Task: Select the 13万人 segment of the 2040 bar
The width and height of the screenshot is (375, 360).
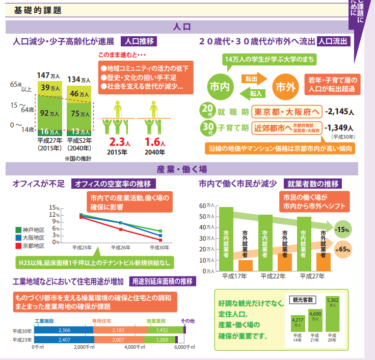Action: click(x=78, y=132)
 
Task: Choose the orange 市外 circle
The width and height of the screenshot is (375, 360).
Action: click(x=285, y=87)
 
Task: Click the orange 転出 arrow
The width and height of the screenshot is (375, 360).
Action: click(x=252, y=79)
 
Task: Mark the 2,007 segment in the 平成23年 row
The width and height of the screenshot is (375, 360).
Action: click(x=118, y=340)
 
